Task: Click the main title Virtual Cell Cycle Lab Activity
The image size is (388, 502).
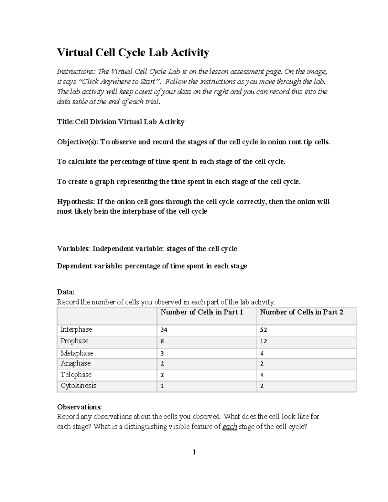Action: (x=133, y=52)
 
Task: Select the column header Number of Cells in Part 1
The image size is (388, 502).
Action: (x=201, y=312)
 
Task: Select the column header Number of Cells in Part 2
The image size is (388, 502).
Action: (x=301, y=312)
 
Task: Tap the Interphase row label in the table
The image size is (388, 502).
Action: (x=76, y=330)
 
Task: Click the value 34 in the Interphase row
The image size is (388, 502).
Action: (x=164, y=330)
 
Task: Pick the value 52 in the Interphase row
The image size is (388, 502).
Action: (x=264, y=330)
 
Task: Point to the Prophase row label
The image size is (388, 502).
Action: (x=74, y=341)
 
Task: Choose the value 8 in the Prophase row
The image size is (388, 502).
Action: (x=162, y=341)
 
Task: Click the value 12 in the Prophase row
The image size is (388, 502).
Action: (x=264, y=341)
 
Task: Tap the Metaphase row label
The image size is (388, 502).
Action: (x=77, y=353)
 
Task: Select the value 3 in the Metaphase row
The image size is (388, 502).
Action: (x=162, y=354)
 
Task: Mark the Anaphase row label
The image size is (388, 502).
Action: (x=76, y=363)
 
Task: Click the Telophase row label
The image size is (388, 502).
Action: (x=76, y=375)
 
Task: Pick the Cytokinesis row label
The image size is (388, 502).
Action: (x=78, y=386)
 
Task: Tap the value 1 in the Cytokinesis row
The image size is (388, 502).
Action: (x=162, y=386)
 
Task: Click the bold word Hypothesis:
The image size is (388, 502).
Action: (x=76, y=202)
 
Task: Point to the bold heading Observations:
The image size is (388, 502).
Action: (x=79, y=407)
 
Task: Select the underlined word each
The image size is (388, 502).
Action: (x=230, y=427)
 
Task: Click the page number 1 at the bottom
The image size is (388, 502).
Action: (x=194, y=452)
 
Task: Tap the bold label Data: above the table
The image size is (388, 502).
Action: (x=66, y=292)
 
